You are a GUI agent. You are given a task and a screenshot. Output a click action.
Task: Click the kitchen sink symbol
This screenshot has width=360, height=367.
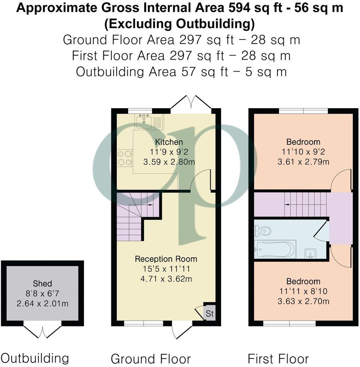point(144,121)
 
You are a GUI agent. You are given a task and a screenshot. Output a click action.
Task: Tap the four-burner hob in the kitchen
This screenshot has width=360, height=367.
point(125,157)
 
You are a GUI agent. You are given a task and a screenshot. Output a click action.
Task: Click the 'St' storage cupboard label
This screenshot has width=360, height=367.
point(210,314)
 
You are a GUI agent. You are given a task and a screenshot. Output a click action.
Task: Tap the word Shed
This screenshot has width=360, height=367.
point(42,283)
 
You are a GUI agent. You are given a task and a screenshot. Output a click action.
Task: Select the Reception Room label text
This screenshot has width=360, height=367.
point(166,259)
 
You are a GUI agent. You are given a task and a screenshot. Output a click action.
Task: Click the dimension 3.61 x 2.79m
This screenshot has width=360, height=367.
point(303,162)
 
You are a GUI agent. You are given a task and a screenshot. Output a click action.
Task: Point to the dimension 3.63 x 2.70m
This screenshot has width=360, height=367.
point(303,301)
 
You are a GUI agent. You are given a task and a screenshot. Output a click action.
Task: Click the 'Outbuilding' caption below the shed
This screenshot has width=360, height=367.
point(35,358)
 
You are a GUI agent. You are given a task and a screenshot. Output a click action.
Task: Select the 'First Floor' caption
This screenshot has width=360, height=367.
point(278,359)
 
